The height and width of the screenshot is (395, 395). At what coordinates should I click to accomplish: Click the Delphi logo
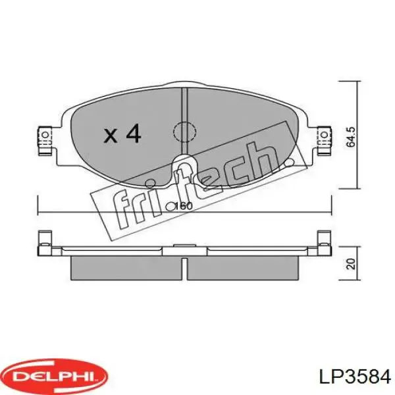(54, 377)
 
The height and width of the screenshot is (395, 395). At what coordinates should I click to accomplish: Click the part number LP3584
(355, 377)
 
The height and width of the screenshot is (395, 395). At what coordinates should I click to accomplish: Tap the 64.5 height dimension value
(351, 137)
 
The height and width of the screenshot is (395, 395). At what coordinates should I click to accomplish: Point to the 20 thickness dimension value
(351, 264)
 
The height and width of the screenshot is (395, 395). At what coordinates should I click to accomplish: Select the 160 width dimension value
(183, 206)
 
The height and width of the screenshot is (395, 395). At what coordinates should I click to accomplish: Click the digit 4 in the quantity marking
(133, 134)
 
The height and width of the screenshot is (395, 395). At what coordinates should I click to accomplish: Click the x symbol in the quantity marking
(111, 136)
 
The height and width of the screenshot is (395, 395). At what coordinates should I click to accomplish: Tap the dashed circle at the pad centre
(184, 132)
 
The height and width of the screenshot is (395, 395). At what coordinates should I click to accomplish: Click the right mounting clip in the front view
(325, 140)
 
